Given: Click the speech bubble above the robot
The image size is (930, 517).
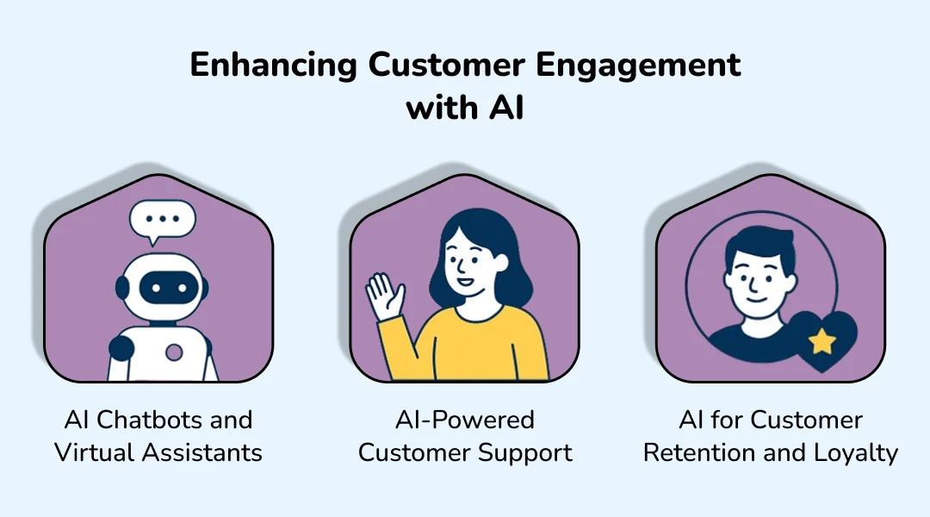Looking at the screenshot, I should coord(162,221).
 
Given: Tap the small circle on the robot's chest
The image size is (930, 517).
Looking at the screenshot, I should coord(175,352).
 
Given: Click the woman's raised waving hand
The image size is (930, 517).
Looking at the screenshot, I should coord(384,298).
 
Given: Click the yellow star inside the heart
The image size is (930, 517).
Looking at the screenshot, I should coord(822,341).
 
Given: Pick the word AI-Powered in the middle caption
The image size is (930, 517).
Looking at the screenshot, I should coord(465,420).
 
